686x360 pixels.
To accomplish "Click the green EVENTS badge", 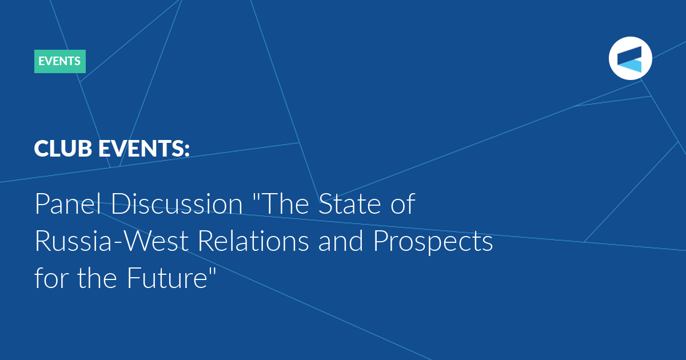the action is pyautogui.click(x=60, y=61).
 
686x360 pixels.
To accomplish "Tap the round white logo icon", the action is pyautogui.click(x=630, y=58).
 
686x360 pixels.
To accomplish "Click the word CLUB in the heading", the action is pyautogui.click(x=63, y=149).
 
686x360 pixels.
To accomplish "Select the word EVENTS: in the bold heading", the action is pyautogui.click(x=144, y=149).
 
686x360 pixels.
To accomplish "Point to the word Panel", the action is pyautogui.click(x=68, y=203).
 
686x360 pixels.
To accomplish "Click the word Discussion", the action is pyautogui.click(x=177, y=203).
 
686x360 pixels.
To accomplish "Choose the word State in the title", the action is pyautogui.click(x=350, y=203).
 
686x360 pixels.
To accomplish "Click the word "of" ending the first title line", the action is pyautogui.click(x=402, y=203).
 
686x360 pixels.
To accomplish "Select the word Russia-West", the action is pyautogui.click(x=111, y=241).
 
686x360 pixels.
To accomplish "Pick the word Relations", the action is pyautogui.click(x=253, y=241).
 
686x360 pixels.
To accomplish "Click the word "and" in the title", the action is pyautogui.click(x=341, y=241).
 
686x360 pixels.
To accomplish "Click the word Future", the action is pyautogui.click(x=167, y=278).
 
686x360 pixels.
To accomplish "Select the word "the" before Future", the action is pyautogui.click(x=97, y=277).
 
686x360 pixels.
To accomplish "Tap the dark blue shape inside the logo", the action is pyautogui.click(x=631, y=55).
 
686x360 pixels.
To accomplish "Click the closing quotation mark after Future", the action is pyautogui.click(x=213, y=270).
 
